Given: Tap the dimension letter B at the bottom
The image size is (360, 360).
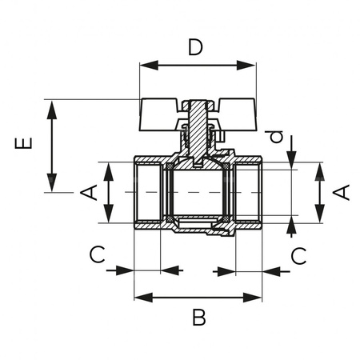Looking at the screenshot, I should pyautogui.click(x=198, y=318).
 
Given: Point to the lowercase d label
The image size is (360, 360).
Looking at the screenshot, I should pyautogui.click(x=276, y=138).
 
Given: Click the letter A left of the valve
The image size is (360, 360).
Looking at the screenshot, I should pyautogui.click(x=90, y=193).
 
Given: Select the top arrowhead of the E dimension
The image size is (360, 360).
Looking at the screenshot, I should pyautogui.click(x=52, y=105).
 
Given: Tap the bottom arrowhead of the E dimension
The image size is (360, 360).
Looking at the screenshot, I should pyautogui.click(x=52, y=187).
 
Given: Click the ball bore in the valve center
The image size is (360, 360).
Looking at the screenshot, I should pyautogui.click(x=198, y=193).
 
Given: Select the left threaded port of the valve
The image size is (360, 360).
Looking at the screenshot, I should pyautogui.click(x=148, y=193).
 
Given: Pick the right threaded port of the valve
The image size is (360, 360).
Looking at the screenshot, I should pyautogui.click(x=250, y=193).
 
